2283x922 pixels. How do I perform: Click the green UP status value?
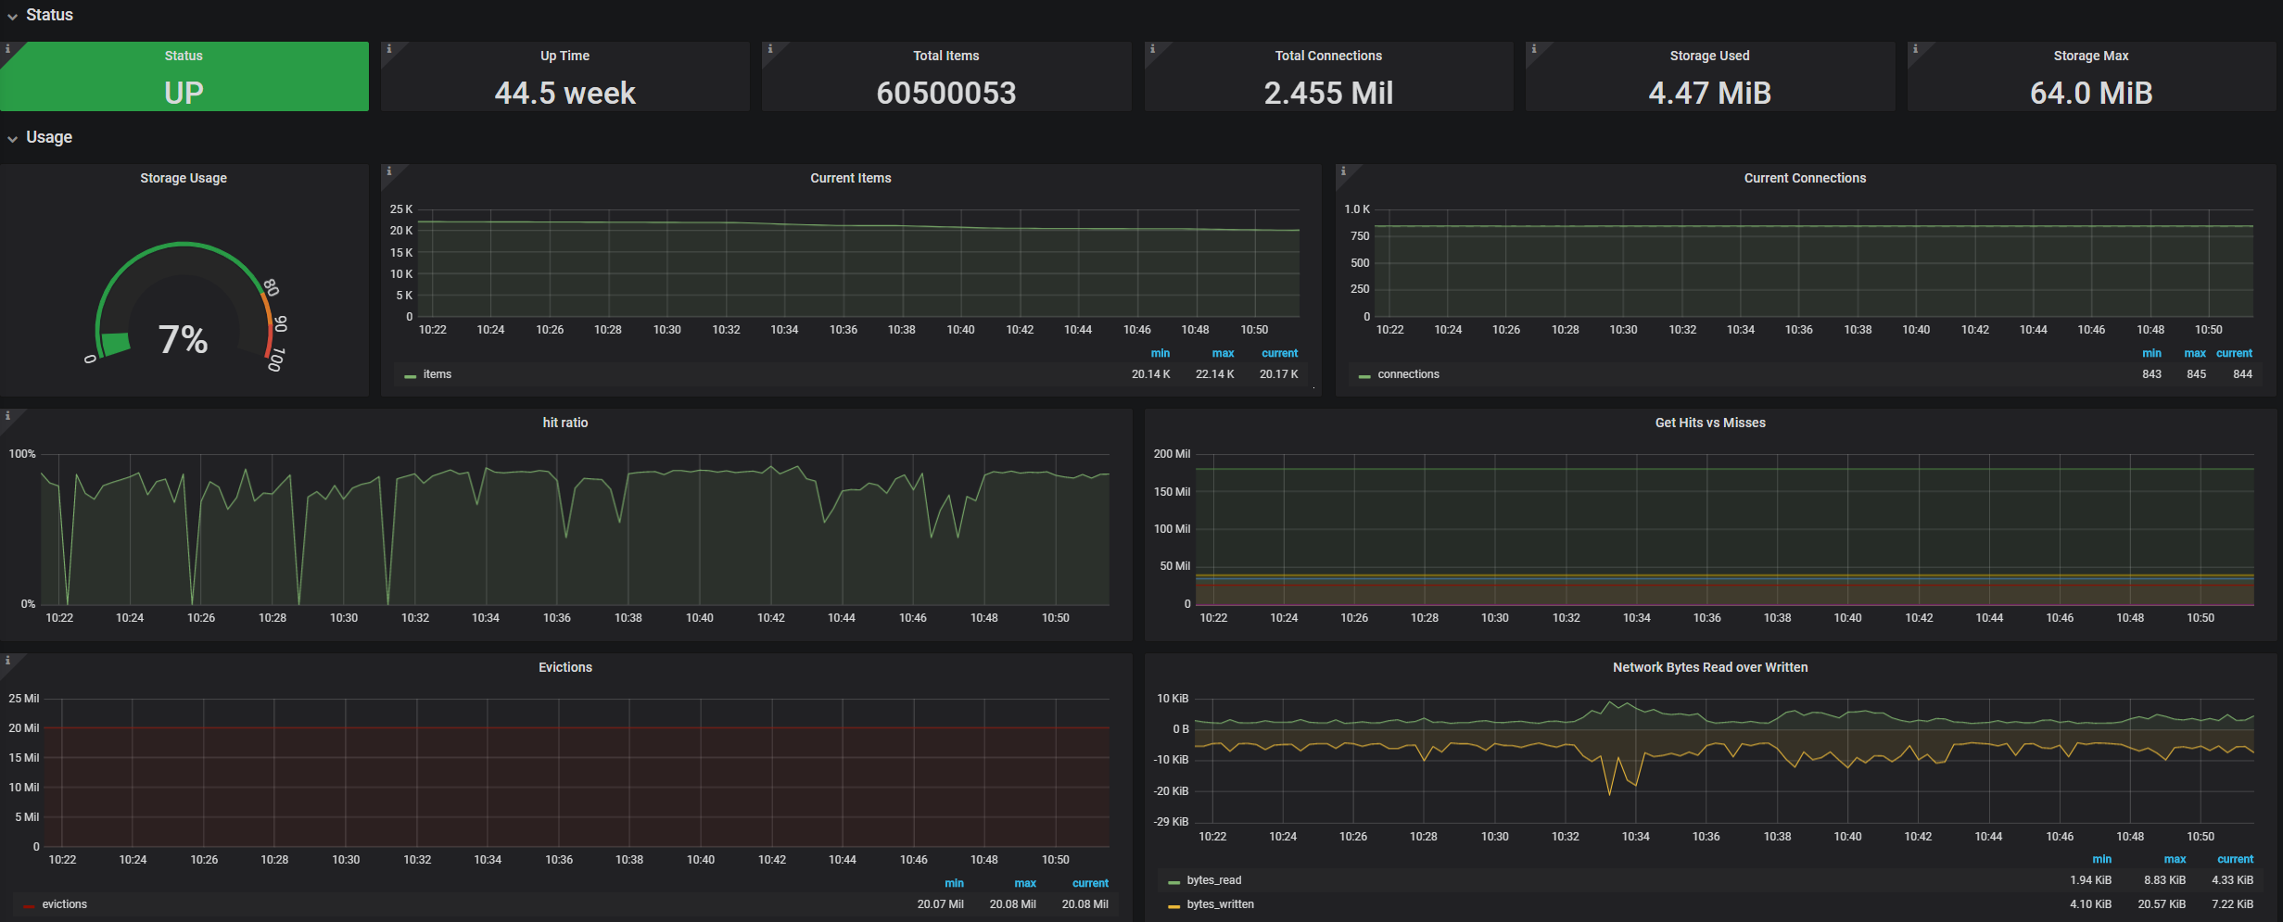click(x=184, y=93)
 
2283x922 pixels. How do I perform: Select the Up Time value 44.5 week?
click(x=564, y=93)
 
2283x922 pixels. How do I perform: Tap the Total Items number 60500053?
click(x=945, y=93)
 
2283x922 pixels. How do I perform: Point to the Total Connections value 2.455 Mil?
click(x=1327, y=93)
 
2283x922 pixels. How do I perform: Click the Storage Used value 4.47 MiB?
click(x=1709, y=93)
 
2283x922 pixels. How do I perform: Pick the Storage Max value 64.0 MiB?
click(x=2090, y=93)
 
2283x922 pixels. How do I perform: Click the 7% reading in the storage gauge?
click(x=183, y=339)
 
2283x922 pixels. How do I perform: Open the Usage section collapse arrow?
click(x=13, y=139)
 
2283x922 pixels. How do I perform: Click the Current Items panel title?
click(x=850, y=178)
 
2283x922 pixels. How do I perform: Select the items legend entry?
click(x=437, y=374)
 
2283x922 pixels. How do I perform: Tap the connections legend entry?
click(x=1408, y=374)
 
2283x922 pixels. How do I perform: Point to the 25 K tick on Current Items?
click(x=401, y=209)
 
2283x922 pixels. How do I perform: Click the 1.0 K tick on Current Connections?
click(x=1357, y=209)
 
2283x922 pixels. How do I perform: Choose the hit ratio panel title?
click(x=564, y=423)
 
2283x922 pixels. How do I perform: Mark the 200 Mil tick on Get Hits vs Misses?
click(x=1172, y=454)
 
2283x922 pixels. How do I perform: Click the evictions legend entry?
click(x=64, y=904)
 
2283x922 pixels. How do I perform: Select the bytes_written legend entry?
click(x=1220, y=904)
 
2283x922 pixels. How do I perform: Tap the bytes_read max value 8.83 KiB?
click(x=2164, y=880)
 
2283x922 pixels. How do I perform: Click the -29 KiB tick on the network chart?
click(x=1171, y=822)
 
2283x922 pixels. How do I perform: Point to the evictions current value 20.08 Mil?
click(x=1084, y=904)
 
